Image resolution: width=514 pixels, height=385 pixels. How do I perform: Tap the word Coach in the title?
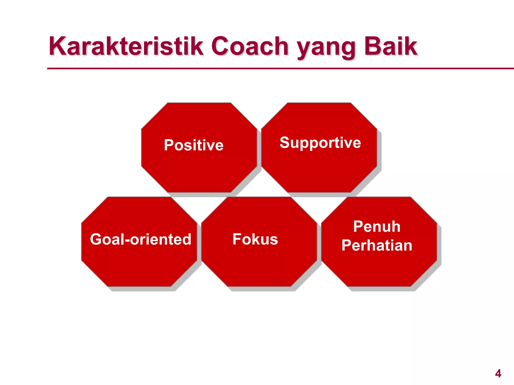pos(250,46)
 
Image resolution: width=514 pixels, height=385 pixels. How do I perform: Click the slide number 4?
pos(498,373)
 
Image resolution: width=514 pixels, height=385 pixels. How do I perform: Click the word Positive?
pos(194,145)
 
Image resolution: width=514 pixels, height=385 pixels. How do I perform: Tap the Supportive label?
pos(320,143)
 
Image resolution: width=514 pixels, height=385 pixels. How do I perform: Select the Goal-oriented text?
pos(141,239)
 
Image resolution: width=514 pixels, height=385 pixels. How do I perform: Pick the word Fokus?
pos(255,239)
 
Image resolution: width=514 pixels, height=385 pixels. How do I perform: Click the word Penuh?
pos(377,227)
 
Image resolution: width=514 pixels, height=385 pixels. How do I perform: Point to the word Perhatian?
pos(377,245)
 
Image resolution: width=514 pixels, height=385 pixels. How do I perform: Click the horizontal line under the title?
pos(276,68)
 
